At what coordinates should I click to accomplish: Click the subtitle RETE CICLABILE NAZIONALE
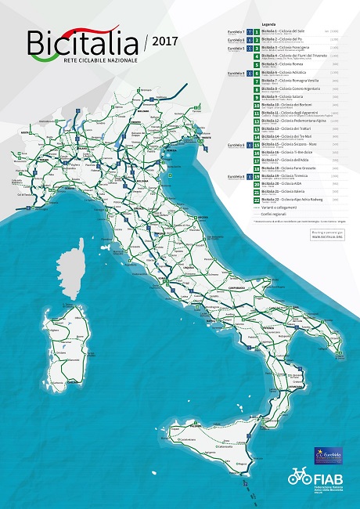[x=94, y=60]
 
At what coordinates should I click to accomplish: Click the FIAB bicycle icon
[x=300, y=477]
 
